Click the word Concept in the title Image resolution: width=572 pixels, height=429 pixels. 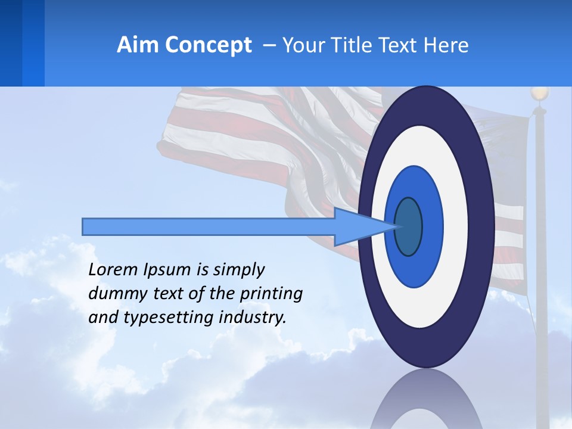click(208, 45)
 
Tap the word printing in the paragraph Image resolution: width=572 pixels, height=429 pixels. click(272, 294)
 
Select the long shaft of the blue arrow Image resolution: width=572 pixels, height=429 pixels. click(209, 226)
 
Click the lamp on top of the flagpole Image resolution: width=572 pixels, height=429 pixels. click(540, 94)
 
